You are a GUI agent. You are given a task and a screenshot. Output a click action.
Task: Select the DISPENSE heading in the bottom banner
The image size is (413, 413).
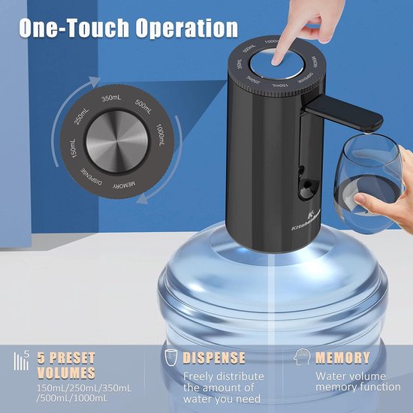(x=213, y=358)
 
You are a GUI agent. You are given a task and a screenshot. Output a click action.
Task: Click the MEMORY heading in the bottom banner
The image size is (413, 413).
(x=342, y=358)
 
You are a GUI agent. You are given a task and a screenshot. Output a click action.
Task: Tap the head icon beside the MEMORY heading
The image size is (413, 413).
(x=303, y=357)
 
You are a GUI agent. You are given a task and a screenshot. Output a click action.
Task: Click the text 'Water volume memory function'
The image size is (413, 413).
(x=357, y=381)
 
